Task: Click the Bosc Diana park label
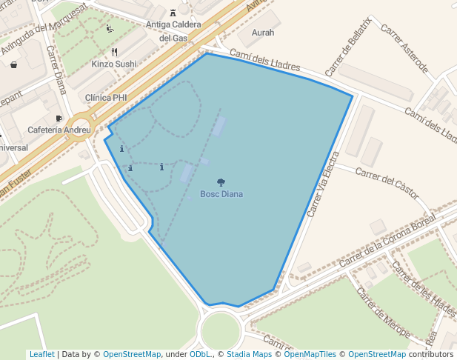point(221,194)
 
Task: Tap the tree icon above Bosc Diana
point(221,182)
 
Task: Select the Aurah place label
point(263,33)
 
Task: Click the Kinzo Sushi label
point(114,64)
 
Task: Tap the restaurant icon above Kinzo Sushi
point(114,52)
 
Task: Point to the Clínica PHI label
point(106,98)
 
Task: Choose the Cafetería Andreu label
point(59,130)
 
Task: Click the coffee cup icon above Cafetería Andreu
point(59,118)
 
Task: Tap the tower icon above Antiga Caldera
point(173,13)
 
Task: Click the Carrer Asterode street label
point(404,50)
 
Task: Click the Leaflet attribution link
point(41,354)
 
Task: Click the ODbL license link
point(200,354)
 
